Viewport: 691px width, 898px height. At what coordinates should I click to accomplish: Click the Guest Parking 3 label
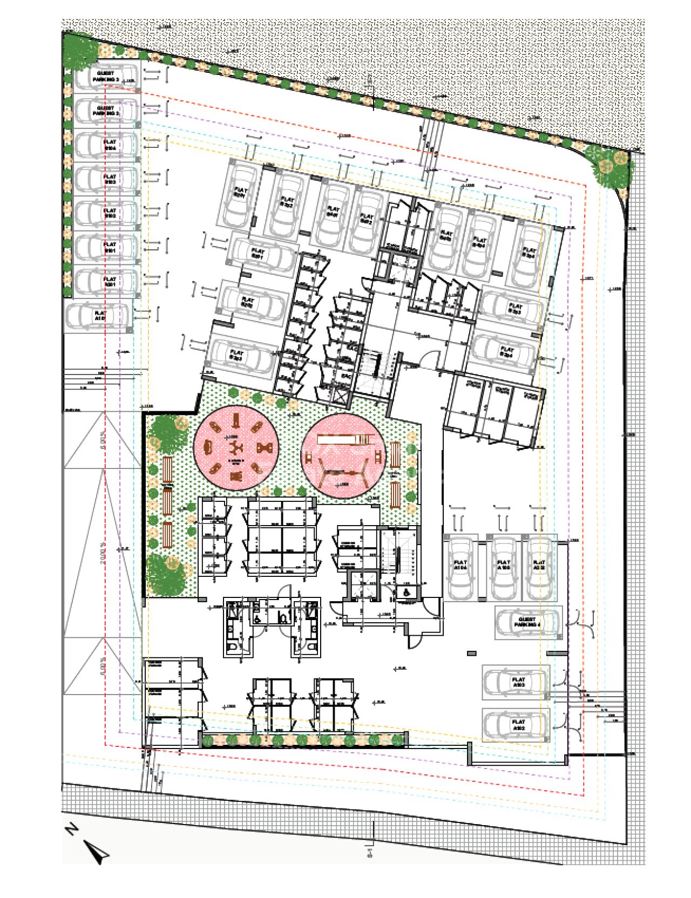pos(106,76)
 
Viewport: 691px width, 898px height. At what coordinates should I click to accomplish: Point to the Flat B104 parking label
pos(110,145)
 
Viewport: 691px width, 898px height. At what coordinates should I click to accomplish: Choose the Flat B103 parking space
pos(107,180)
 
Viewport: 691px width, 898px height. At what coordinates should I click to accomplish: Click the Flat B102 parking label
pos(110,213)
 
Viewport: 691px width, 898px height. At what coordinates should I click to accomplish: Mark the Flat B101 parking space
pos(107,248)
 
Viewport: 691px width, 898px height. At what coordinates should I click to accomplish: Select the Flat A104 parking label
pos(460,566)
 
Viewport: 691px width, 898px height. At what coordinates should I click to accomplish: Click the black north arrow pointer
pos(99,852)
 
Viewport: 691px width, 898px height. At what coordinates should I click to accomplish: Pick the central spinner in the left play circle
pos(236,447)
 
